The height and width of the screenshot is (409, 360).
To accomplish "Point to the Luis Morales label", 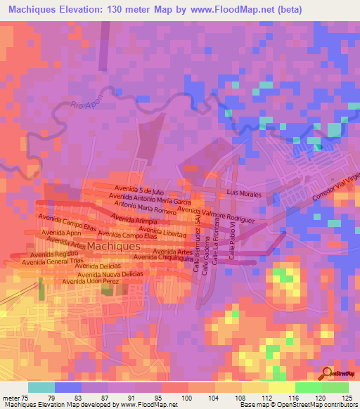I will pos(243,192).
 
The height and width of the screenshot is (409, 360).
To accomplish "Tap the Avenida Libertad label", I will pos(164,233).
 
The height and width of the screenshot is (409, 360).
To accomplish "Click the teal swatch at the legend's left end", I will pos(41,387).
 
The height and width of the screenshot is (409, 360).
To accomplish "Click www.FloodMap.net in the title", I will pos(238,8).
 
